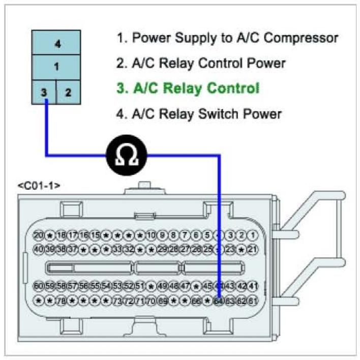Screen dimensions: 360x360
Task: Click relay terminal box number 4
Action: [x=57, y=44]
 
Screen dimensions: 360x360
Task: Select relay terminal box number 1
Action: [x=56, y=66]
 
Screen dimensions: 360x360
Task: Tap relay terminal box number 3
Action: [x=44, y=93]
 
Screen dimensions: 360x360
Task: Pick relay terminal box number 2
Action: [x=68, y=93]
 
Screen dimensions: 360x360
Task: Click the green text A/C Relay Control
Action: [x=188, y=88]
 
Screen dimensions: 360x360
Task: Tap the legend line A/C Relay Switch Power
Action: [x=199, y=113]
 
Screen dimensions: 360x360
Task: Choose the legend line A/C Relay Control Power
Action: [x=201, y=63]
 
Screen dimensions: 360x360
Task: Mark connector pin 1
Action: [x=253, y=235]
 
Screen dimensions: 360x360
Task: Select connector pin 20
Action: [x=39, y=235]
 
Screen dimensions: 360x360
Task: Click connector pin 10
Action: [x=151, y=235]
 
